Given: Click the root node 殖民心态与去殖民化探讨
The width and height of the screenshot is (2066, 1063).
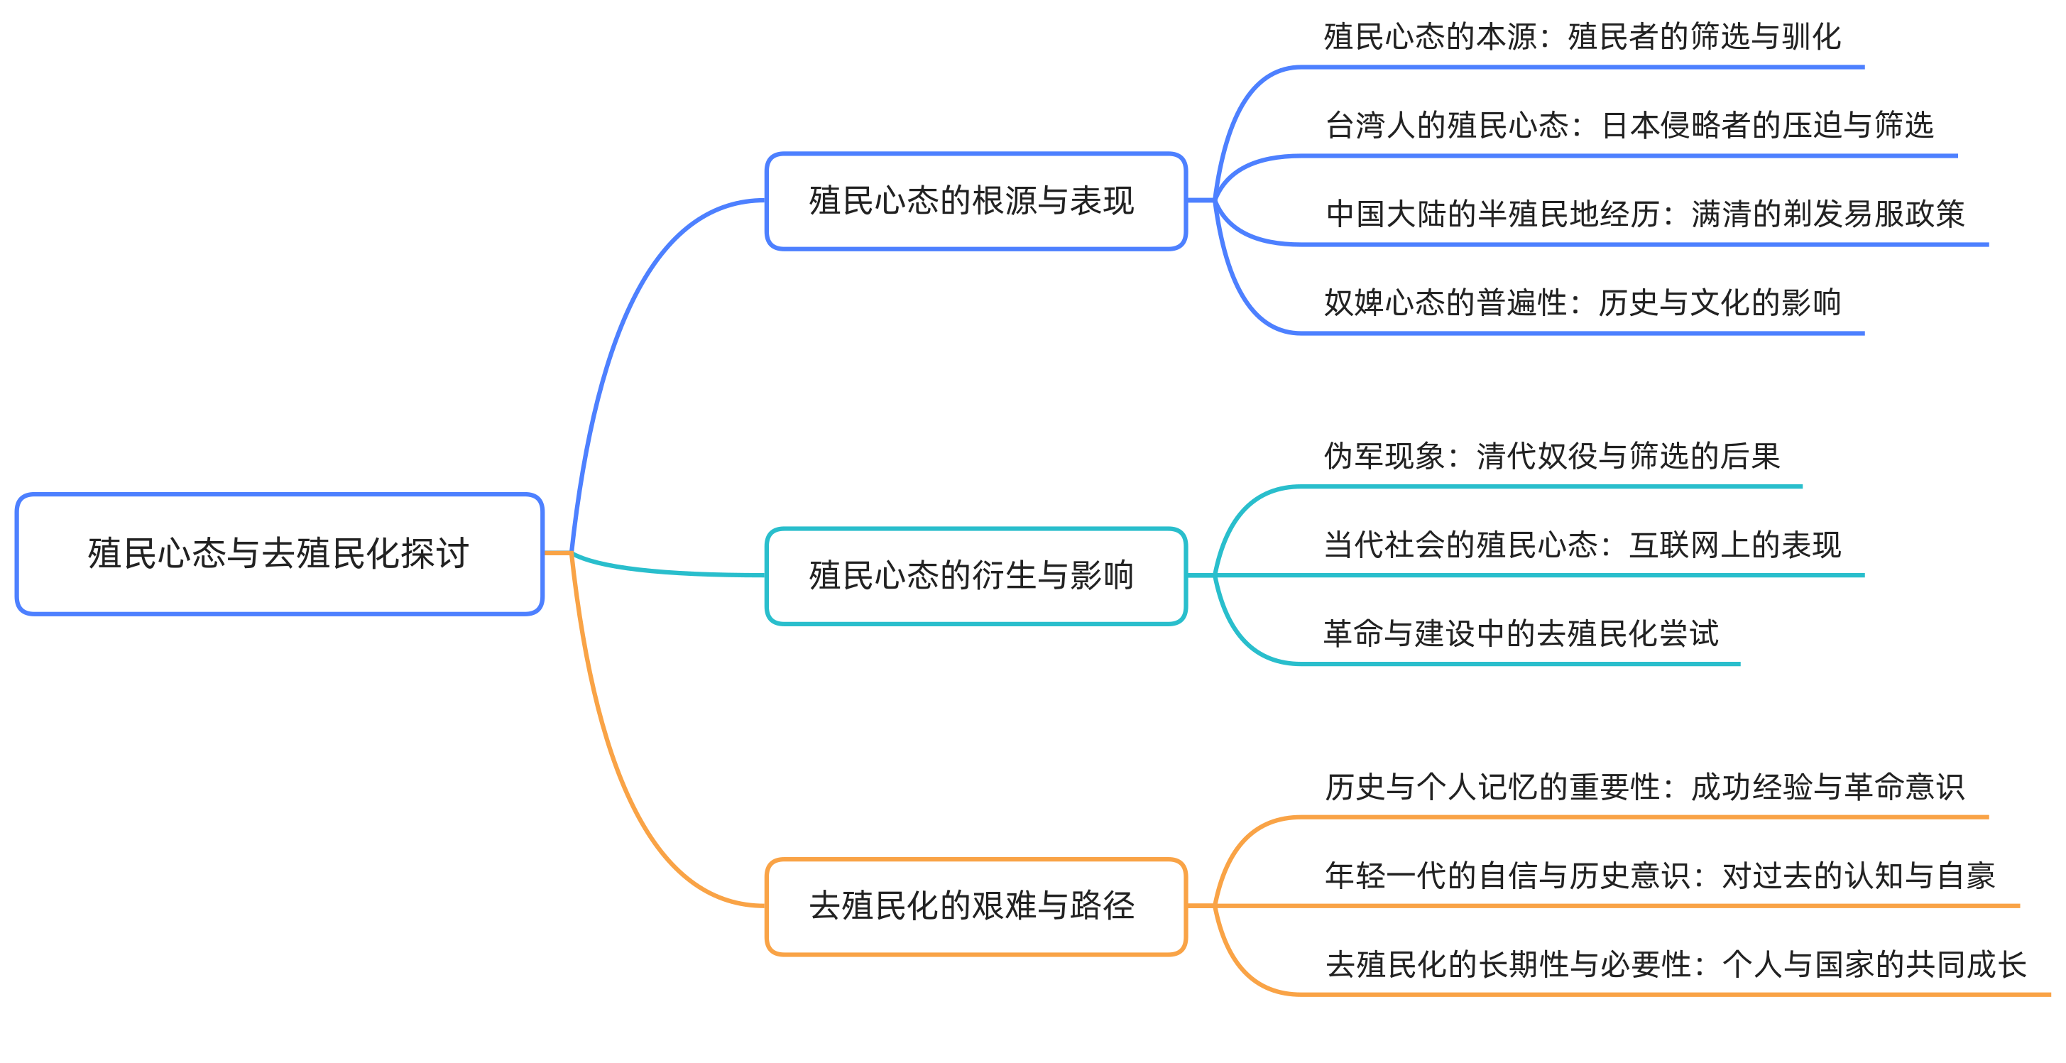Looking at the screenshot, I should (x=278, y=554).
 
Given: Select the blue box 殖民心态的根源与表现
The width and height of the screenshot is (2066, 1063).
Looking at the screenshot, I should (x=975, y=200).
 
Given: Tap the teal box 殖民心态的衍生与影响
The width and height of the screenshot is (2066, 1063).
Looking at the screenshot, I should (x=975, y=575).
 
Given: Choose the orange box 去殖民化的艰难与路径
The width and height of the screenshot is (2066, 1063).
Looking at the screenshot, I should (x=975, y=906).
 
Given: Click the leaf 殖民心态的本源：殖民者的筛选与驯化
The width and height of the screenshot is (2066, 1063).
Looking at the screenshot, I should (x=1582, y=37).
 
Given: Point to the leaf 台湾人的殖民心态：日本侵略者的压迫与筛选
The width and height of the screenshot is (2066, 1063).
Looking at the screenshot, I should (x=1629, y=126).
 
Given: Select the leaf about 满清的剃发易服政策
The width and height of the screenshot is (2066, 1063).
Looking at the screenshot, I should (x=1644, y=214).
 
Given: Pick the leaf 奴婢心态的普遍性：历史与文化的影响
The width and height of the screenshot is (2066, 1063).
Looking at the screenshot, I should (x=1582, y=303).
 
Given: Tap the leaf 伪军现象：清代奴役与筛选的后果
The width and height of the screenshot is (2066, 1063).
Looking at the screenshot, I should (x=1551, y=457).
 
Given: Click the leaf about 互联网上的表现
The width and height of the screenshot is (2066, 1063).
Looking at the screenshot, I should (x=1582, y=545).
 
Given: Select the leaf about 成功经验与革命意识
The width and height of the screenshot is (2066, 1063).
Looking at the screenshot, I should (x=1644, y=787).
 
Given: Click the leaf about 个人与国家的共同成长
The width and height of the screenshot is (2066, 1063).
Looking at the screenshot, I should (x=1676, y=964).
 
